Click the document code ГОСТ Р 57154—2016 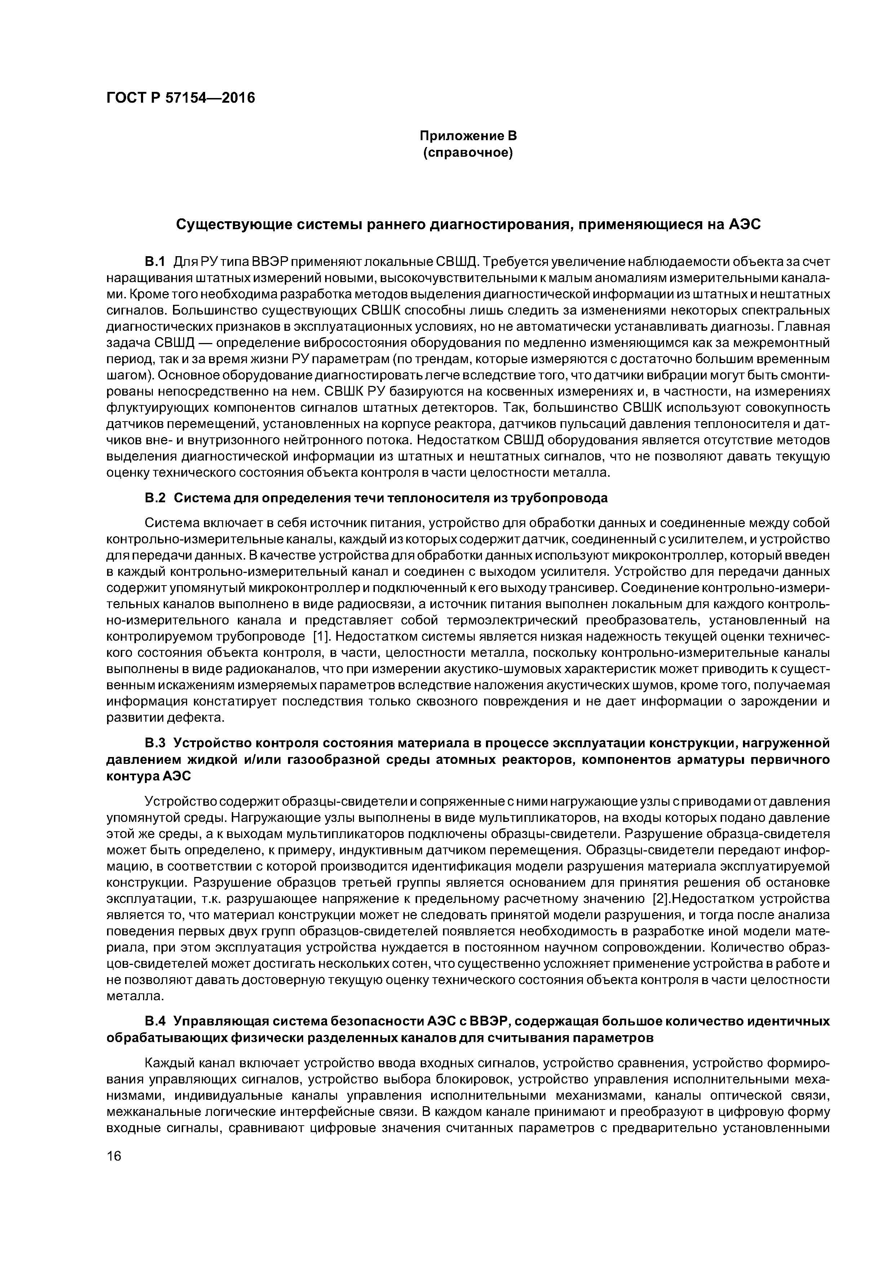pyautogui.click(x=180, y=98)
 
